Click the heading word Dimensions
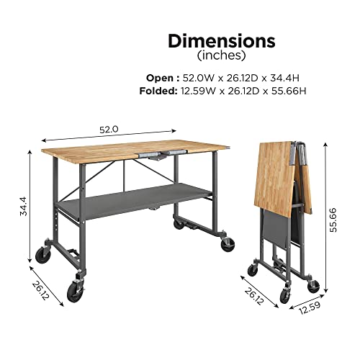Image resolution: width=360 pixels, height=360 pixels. click(222, 40)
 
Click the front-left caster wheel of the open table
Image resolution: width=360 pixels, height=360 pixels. click(75, 292)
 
